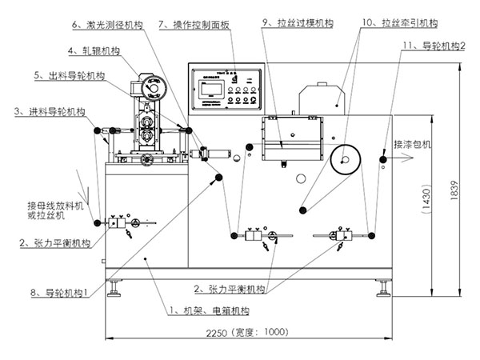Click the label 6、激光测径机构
pos(108,26)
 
